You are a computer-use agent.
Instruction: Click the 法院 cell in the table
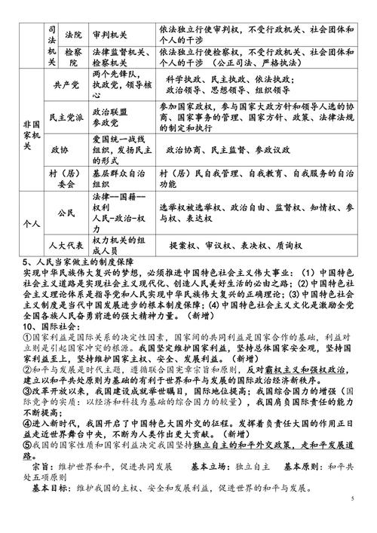pyautogui.click(x=74, y=35)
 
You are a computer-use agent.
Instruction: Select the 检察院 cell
pyautogui.click(x=74, y=59)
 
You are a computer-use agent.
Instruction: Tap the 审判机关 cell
pyautogui.click(x=113, y=35)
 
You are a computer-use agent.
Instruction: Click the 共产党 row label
pyautogui.click(x=66, y=89)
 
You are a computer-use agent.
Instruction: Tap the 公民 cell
pyautogui.click(x=66, y=213)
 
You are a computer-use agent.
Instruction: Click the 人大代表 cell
pyautogui.click(x=66, y=245)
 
